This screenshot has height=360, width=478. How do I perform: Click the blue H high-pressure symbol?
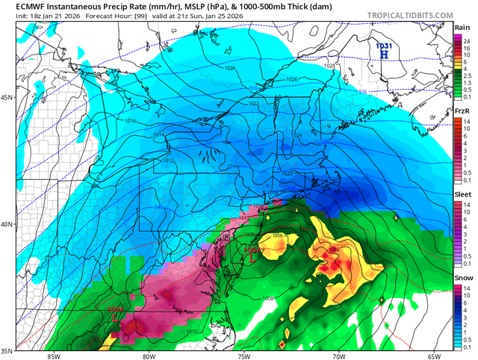(x=383, y=54)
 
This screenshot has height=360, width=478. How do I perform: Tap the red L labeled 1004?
(x=115, y=317)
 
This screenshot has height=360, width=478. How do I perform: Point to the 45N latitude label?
(x=8, y=98)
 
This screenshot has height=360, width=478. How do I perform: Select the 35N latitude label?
(x=8, y=350)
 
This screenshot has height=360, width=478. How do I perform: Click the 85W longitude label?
(x=52, y=355)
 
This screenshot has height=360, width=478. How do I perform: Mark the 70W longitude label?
(x=338, y=355)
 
